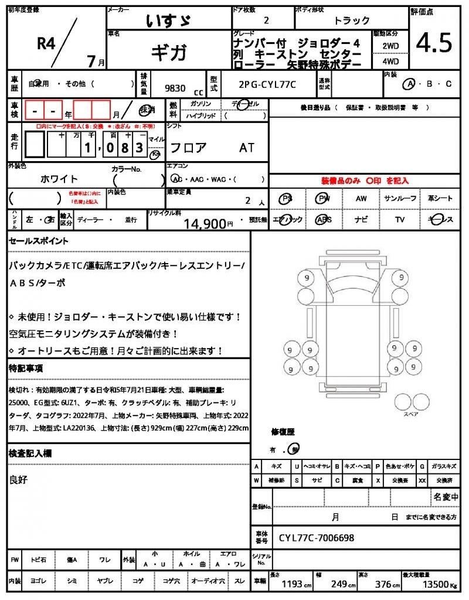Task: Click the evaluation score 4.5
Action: point(434,43)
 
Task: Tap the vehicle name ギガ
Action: point(169,53)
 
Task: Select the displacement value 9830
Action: point(176,88)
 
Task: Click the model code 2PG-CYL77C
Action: point(267,84)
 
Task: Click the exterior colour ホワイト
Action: point(59,179)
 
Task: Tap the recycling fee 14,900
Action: point(205,223)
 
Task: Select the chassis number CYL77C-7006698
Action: point(317,537)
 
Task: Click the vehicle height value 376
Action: point(383,584)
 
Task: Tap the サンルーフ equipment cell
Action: point(400,199)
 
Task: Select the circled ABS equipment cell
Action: point(323,220)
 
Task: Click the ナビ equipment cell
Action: point(361,220)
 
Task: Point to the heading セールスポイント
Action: point(39,240)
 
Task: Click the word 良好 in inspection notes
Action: point(19,480)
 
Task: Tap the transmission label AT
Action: point(247,148)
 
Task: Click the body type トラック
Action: point(352,21)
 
